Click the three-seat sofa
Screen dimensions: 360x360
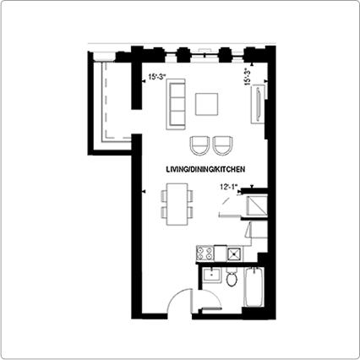(176, 104)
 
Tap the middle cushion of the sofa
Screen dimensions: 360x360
(177, 104)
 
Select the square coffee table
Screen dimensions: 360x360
(207, 104)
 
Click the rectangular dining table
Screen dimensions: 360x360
(177, 205)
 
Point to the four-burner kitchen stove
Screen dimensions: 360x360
(205, 254)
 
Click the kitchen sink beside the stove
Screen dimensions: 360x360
(234, 254)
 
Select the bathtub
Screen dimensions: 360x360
(254, 287)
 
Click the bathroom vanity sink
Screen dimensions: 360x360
(211, 275)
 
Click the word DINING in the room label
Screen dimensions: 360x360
(201, 169)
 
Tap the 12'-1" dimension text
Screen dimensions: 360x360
(229, 187)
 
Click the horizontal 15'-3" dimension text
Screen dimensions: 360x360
(158, 77)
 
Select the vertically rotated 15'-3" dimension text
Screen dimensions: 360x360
(248, 76)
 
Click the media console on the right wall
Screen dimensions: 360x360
(258, 103)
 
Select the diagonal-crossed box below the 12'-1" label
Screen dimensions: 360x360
(257, 205)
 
